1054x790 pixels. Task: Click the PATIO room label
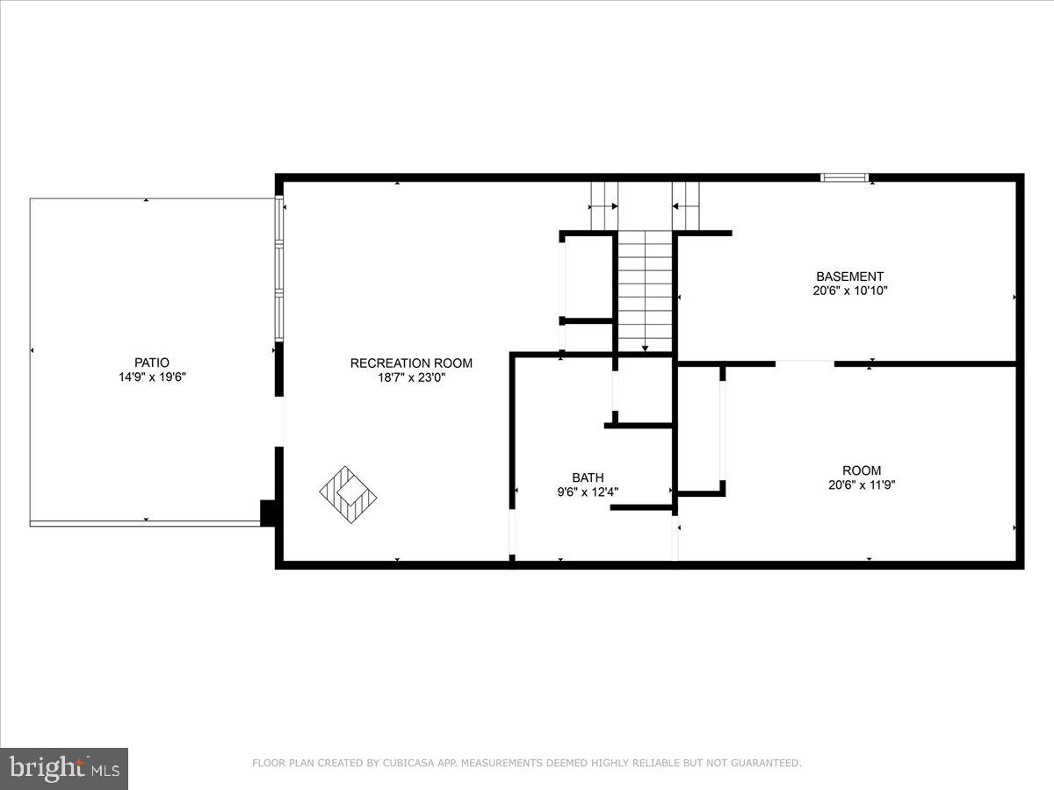(x=152, y=363)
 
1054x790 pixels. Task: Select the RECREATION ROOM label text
(x=411, y=363)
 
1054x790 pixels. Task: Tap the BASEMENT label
(x=849, y=276)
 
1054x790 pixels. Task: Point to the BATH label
(x=588, y=478)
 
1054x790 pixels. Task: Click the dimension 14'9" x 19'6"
(x=152, y=377)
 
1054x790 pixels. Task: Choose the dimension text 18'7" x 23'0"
(x=411, y=377)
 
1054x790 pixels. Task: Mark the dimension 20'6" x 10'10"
(x=849, y=291)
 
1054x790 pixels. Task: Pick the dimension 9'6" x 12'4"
(x=588, y=492)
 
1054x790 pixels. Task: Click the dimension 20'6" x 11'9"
(x=861, y=485)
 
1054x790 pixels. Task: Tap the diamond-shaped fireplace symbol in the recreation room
(x=348, y=495)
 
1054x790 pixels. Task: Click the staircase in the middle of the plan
(x=646, y=290)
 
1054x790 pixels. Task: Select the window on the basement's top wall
(x=844, y=177)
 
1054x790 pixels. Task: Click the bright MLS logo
(x=64, y=768)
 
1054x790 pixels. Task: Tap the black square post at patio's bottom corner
(x=269, y=513)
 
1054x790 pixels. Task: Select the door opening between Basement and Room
(x=805, y=363)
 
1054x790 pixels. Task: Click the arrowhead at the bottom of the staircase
(x=646, y=348)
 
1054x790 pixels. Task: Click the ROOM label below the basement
(x=861, y=470)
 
